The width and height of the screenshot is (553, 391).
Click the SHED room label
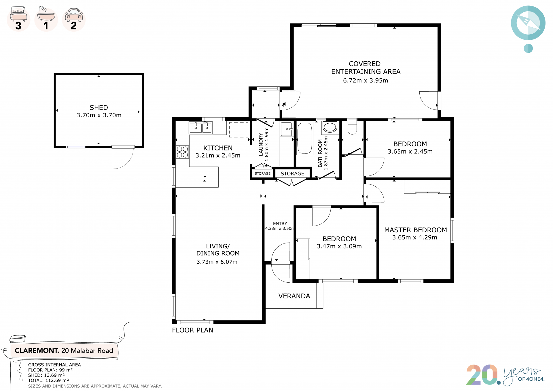pos(99,107)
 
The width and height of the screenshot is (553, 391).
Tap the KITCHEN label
pos(218,148)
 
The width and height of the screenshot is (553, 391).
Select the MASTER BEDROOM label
pos(416,230)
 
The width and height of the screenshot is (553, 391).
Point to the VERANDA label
pos(294,296)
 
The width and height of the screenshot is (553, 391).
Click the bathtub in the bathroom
pos(304,138)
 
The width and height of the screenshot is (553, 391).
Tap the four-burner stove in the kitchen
pos(182,152)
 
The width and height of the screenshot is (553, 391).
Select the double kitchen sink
pos(201,128)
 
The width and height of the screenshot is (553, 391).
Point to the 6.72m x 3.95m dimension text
pos(365,80)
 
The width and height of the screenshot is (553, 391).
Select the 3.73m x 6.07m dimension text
pos(217,262)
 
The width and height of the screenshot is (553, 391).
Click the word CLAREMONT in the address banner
pos(37,350)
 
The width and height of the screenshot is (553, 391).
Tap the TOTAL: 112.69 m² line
pos(48,380)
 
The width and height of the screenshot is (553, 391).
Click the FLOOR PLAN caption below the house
pos(192,330)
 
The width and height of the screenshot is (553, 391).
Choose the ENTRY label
pos(280,223)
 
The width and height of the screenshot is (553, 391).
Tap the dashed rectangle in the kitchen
pos(239,129)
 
